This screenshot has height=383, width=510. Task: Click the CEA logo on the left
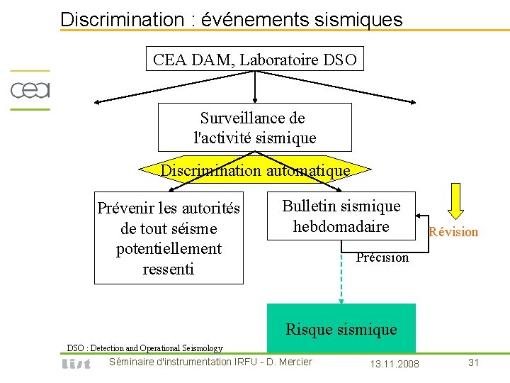click(x=29, y=90)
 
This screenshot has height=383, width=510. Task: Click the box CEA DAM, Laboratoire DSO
click(x=255, y=60)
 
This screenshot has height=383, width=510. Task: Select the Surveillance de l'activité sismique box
click(x=254, y=127)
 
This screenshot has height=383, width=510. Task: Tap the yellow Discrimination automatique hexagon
click(x=255, y=170)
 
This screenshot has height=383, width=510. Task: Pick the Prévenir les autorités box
click(x=169, y=238)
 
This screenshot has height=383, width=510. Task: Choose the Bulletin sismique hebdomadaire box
click(x=341, y=216)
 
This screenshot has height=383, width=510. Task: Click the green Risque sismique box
click(x=341, y=328)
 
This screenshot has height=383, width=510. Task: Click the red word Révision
click(x=453, y=232)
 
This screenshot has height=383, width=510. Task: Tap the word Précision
click(x=382, y=257)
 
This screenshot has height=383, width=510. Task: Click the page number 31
click(x=474, y=362)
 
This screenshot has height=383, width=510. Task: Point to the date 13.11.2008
click(x=395, y=364)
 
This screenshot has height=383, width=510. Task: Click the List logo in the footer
click(x=76, y=364)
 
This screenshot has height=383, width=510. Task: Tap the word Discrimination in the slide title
click(x=122, y=19)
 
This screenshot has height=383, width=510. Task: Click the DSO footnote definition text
click(x=144, y=348)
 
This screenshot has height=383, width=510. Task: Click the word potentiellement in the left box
click(x=169, y=249)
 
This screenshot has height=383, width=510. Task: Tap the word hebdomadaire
click(x=341, y=226)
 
